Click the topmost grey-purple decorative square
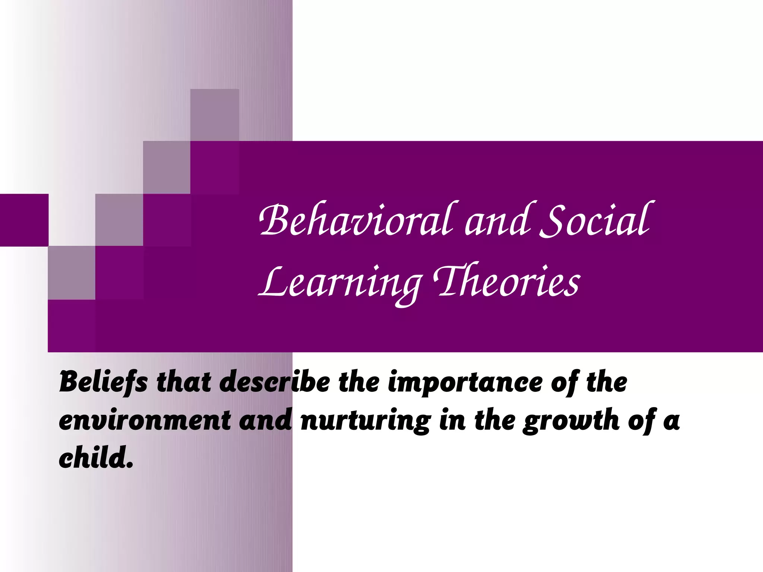(215, 115)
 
